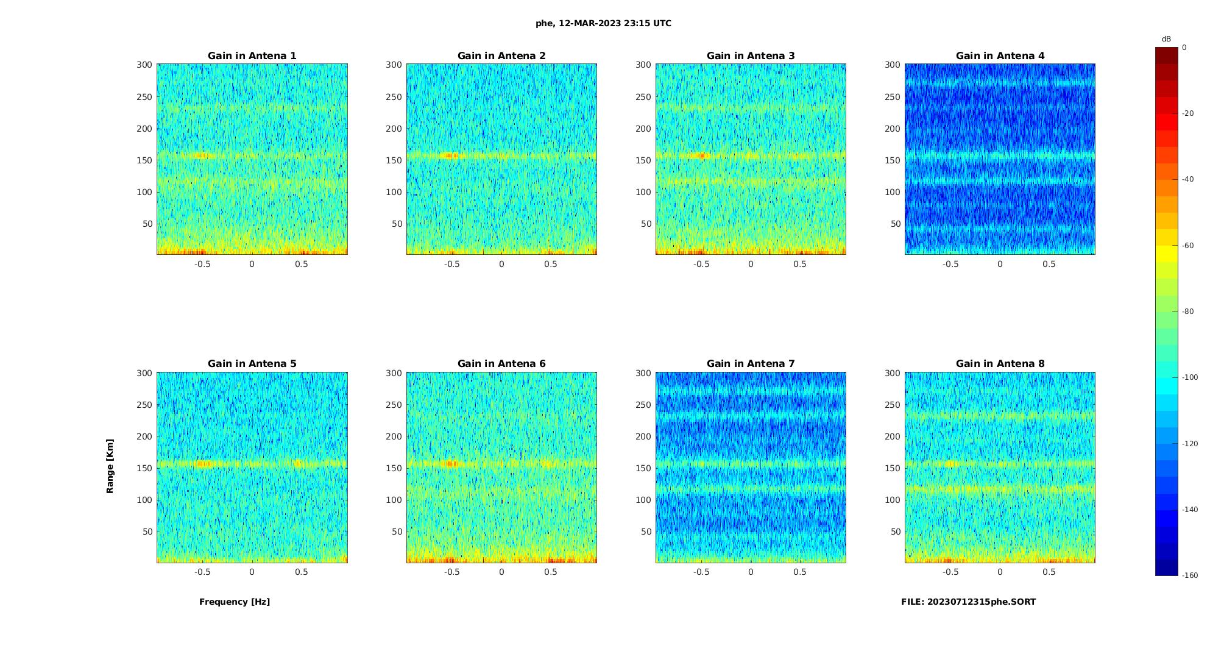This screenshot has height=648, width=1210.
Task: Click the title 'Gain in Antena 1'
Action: (x=252, y=56)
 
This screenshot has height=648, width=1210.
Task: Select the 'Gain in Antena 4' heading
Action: (x=1000, y=56)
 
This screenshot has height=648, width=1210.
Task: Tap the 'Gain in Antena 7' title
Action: (x=751, y=364)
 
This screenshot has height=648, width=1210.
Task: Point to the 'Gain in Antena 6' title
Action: (x=501, y=364)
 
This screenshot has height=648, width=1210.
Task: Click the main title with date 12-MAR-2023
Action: (x=603, y=24)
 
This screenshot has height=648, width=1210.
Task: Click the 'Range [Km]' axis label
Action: (x=110, y=466)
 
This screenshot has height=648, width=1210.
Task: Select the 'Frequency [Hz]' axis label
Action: (x=235, y=602)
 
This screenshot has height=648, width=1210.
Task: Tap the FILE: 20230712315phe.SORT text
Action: (x=968, y=602)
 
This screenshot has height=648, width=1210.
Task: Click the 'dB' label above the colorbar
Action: (x=1166, y=39)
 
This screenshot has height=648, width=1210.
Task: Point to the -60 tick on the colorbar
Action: (x=1188, y=246)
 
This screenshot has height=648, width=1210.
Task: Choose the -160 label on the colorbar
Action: (x=1189, y=575)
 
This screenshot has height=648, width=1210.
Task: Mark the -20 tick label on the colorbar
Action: (x=1188, y=113)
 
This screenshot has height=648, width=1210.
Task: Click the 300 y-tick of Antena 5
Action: (x=144, y=373)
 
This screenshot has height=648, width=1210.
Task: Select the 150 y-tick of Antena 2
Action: (x=394, y=160)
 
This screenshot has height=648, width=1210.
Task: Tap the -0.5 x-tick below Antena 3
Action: (x=701, y=264)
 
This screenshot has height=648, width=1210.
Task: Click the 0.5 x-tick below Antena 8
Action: (x=1049, y=572)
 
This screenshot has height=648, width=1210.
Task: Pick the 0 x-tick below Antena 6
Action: (x=501, y=572)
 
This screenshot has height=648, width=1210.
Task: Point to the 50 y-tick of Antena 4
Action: (x=895, y=224)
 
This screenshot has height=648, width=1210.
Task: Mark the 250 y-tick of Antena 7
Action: (x=643, y=405)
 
